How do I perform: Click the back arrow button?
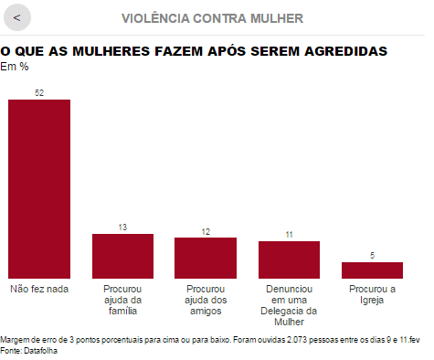point(17,17)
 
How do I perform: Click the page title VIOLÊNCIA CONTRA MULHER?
point(212,18)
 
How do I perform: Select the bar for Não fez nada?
point(39,189)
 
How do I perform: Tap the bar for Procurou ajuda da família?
point(122,256)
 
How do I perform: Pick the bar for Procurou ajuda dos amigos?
point(206,258)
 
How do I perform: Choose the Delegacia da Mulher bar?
point(289,259)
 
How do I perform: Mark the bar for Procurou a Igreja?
point(372,270)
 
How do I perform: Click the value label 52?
point(39,93)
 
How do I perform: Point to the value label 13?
point(122,228)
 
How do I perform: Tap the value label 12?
point(206,232)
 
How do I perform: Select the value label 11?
point(289,235)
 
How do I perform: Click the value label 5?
point(372,256)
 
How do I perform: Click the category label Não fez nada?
point(39,289)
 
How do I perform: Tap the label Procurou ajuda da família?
point(122,300)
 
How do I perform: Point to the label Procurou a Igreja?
point(372,294)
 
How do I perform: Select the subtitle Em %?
point(15,67)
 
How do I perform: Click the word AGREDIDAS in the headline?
point(346,51)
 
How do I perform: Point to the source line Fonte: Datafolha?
point(28,351)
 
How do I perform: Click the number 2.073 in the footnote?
point(297,340)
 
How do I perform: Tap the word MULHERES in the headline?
point(111,51)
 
